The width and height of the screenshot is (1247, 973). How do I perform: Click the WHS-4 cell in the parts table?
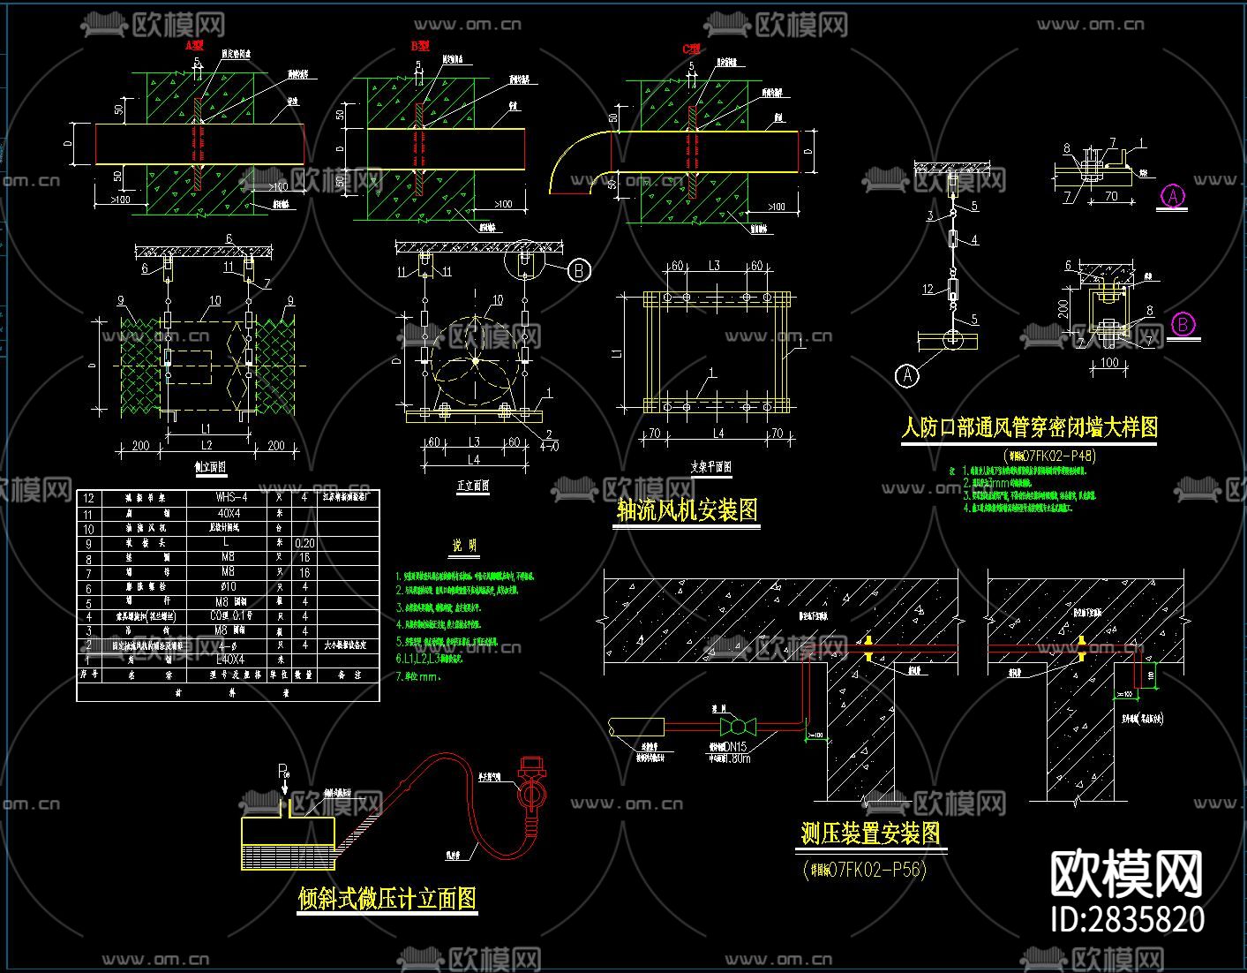click(230, 498)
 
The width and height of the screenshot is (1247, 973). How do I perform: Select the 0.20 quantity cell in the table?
click(304, 543)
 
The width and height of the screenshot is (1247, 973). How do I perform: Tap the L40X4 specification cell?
click(230, 660)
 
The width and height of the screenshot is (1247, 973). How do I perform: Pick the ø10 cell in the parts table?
click(227, 587)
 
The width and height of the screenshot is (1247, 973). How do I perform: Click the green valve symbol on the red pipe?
click(738, 727)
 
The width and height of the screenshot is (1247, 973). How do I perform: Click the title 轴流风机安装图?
click(687, 510)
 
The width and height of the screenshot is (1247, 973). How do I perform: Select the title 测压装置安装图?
click(870, 833)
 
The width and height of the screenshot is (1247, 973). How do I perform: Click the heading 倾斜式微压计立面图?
click(387, 898)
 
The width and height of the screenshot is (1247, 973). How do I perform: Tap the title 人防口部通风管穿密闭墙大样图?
click(1028, 427)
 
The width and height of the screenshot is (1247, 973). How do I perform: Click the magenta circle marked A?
click(1173, 196)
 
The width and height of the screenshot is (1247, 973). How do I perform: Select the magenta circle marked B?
click(1183, 325)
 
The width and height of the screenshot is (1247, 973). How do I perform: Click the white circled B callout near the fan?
click(579, 270)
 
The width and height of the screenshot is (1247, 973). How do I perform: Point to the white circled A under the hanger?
click(907, 376)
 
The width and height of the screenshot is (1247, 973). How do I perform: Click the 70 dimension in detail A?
click(1111, 197)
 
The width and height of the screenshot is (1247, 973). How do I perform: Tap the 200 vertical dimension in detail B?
click(1064, 308)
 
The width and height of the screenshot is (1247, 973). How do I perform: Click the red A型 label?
click(195, 44)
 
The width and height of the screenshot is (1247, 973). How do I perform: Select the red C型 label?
click(692, 49)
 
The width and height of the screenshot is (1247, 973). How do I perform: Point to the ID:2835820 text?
click(1128, 919)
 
